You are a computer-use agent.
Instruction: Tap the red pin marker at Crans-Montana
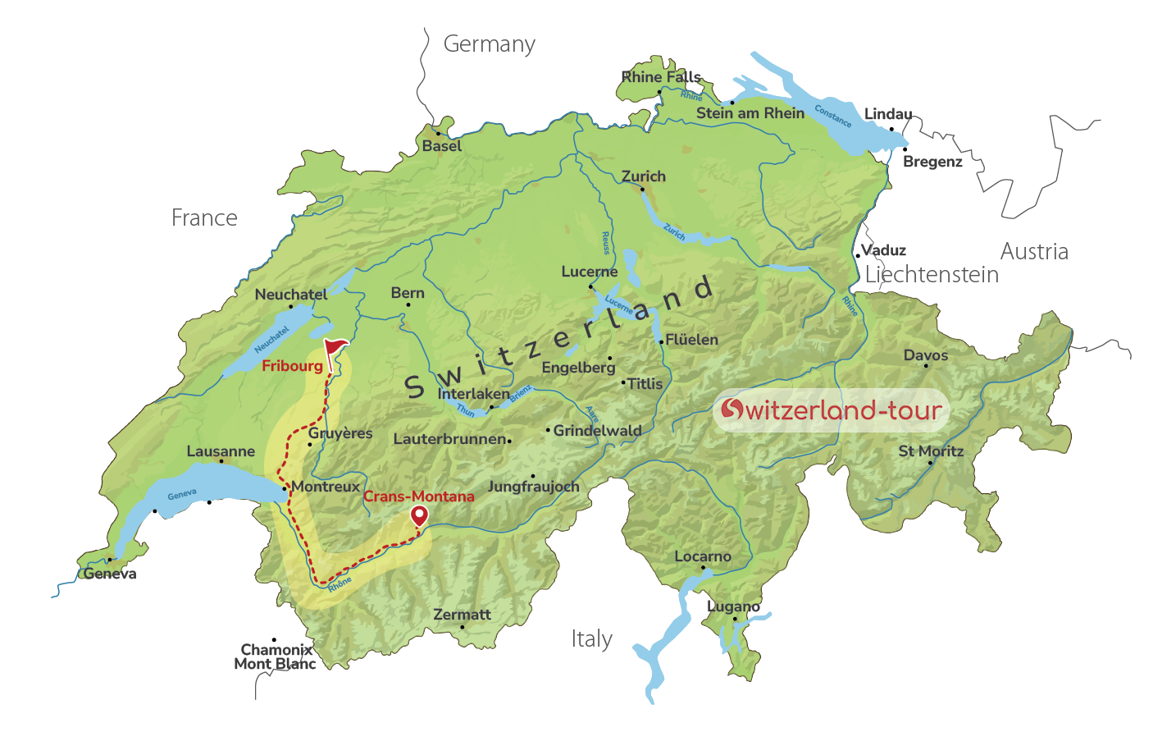419,515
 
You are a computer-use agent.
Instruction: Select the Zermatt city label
462,615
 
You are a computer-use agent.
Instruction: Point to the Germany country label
489,44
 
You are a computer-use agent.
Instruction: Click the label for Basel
442,146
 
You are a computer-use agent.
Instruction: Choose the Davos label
925,355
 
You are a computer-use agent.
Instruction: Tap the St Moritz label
931,451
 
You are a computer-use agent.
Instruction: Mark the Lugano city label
733,606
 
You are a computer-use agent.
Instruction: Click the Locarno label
703,556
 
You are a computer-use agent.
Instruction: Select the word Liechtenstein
932,275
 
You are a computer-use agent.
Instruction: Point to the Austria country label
1034,252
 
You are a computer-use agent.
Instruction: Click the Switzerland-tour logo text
831,409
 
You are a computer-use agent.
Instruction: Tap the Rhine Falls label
661,77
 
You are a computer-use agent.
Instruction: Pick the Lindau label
888,114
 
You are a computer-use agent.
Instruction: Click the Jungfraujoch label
533,487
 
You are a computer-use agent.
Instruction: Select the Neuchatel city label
290,295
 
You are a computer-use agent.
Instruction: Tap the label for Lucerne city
589,272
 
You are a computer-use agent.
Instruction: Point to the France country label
204,218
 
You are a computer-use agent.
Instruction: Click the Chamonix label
276,650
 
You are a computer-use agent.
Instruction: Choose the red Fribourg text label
292,366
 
